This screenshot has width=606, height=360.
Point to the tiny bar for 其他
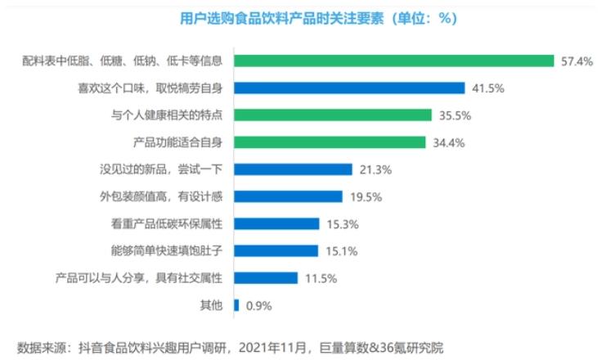236,305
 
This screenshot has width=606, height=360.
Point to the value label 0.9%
258,306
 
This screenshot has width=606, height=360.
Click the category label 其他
211,306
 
